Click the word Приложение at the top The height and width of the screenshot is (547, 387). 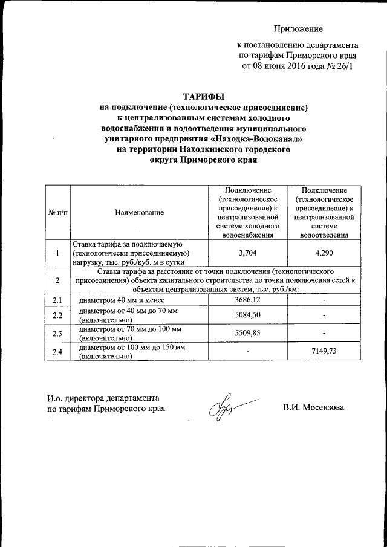point(298,28)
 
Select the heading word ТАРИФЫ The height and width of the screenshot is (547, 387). point(204,95)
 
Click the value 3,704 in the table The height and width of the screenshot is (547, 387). point(249,253)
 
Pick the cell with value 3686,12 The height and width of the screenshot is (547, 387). point(249,300)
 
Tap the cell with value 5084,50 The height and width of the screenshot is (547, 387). point(249,316)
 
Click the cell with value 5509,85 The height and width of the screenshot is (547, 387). point(249,332)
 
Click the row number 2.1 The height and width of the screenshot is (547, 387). point(57,300)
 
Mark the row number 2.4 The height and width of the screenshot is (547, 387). point(57,351)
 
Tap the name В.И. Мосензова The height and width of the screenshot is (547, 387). point(313,407)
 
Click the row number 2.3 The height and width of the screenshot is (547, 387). point(57,333)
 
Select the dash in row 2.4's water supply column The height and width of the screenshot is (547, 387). point(249,351)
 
